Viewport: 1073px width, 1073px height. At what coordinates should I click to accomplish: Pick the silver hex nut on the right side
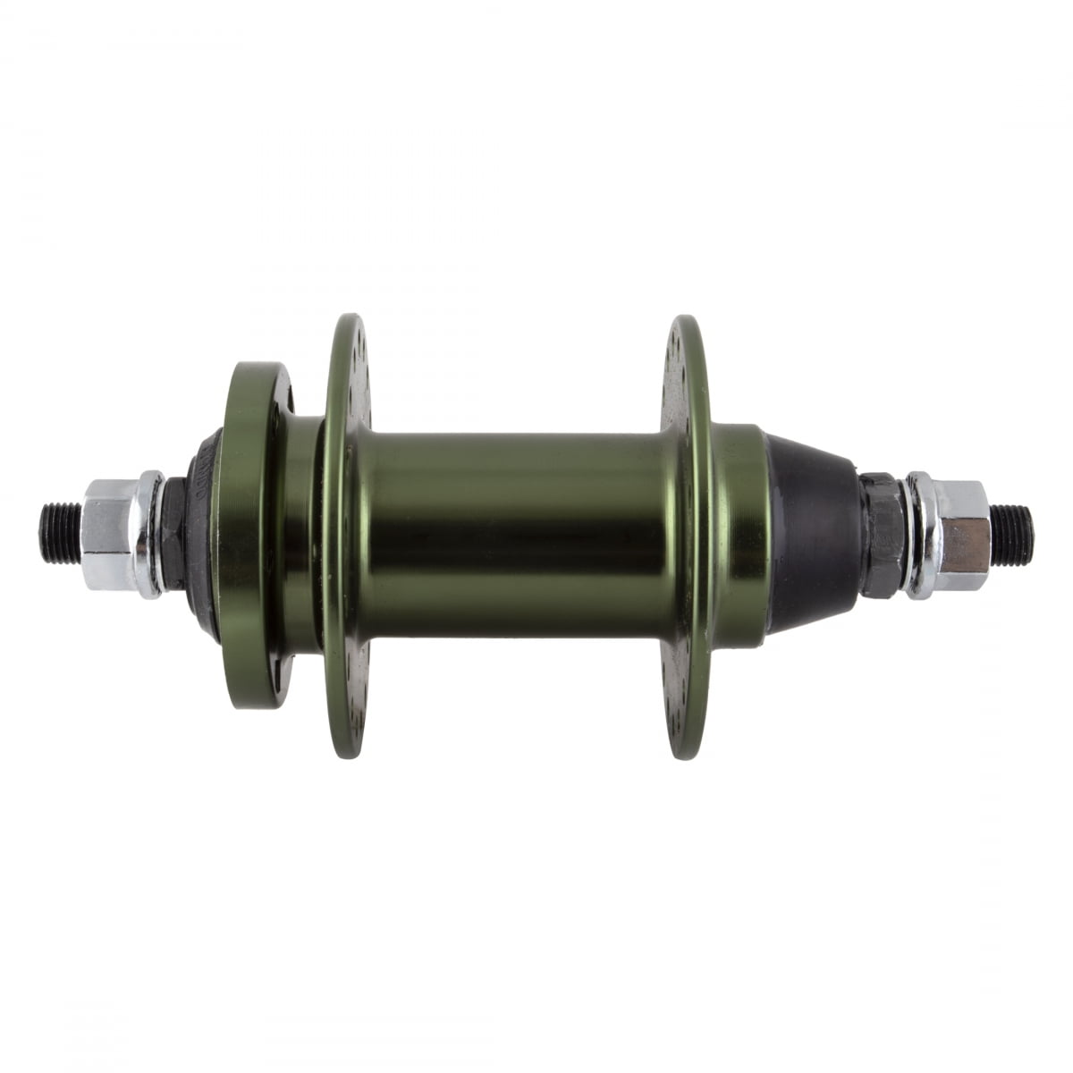pyautogui.click(x=961, y=536)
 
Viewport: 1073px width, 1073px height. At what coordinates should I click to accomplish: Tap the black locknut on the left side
pyautogui.click(x=175, y=535)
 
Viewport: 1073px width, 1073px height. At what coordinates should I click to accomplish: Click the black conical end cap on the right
pyautogui.click(x=809, y=534)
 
